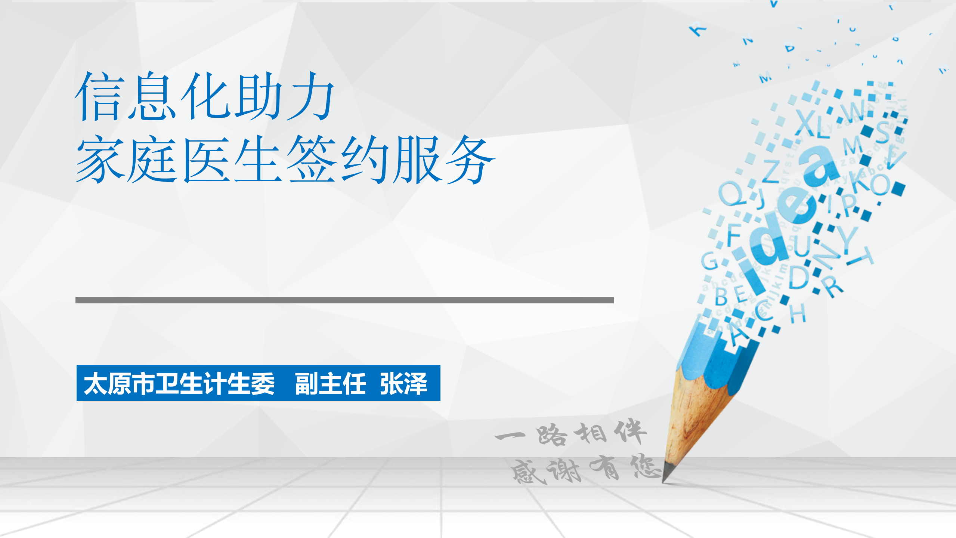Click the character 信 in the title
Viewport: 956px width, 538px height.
click(99, 96)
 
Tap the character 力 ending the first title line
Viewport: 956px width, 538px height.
click(310, 96)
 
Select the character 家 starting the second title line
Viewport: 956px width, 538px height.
click(100, 159)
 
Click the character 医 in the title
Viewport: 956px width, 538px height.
click(206, 159)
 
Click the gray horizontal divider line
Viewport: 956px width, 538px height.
click(344, 300)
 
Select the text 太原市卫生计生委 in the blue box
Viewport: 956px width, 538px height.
click(179, 383)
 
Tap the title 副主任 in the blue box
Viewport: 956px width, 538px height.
click(330, 383)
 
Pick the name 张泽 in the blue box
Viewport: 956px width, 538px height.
click(403, 383)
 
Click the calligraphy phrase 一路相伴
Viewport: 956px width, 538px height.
click(571, 433)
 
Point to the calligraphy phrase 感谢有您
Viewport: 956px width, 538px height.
click(585, 469)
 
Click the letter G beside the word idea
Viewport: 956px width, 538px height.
click(709, 260)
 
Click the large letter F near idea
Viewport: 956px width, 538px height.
click(733, 234)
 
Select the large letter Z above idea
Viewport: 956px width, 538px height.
click(770, 171)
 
